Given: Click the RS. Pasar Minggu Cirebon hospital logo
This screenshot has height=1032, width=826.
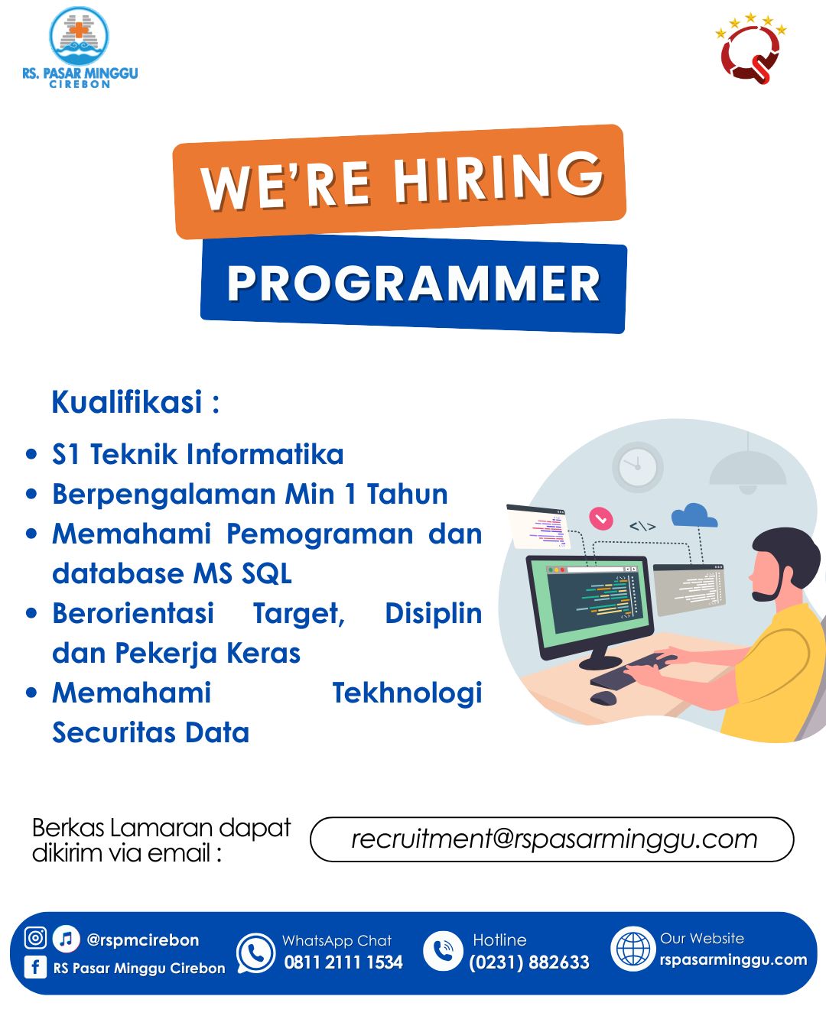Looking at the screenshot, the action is click(80, 47).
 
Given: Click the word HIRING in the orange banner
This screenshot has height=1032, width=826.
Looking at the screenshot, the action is click(498, 177).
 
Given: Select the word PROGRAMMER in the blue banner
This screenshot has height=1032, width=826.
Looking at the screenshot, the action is click(413, 284).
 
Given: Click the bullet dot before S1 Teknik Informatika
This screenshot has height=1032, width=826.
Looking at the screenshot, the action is click(31, 453).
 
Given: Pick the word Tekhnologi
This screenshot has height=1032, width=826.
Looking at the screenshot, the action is click(407, 693).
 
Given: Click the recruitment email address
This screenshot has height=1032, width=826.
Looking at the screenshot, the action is click(554, 839).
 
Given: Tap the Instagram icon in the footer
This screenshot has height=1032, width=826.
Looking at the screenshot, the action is click(35, 937).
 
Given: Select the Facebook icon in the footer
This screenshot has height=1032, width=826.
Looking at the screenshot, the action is click(35, 966).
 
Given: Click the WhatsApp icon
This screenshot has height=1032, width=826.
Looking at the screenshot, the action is click(255, 952).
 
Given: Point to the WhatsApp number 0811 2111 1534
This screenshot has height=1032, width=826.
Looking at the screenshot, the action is click(343, 962).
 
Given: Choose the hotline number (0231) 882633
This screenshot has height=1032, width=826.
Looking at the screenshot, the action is click(529, 962).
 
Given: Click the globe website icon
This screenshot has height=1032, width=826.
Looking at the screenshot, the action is click(633, 949).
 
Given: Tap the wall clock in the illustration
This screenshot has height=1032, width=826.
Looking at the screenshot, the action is click(637, 466).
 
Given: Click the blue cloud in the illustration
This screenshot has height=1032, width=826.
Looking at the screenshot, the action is click(694, 514).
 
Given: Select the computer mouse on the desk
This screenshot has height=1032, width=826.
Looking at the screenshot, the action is click(603, 698).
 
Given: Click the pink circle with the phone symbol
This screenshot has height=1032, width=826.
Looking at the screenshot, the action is click(601, 518).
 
